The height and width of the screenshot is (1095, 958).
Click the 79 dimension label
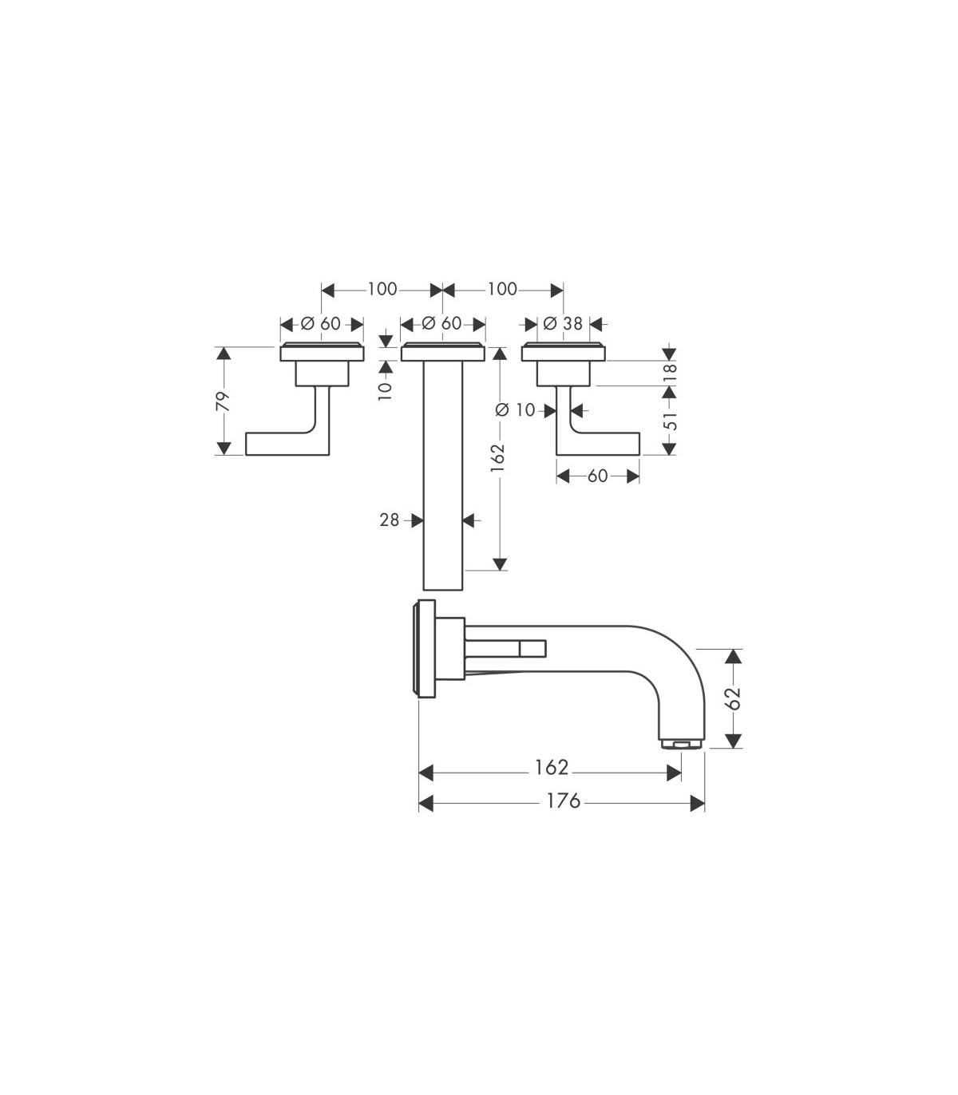[x=223, y=401]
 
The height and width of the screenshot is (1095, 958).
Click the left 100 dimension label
[x=382, y=290]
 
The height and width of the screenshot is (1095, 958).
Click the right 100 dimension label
[x=502, y=290]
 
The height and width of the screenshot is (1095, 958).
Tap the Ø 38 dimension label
[x=563, y=323]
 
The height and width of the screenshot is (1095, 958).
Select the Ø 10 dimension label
[x=515, y=410]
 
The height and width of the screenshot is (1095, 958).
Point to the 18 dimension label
[x=670, y=373]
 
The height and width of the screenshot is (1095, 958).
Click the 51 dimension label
[x=670, y=421]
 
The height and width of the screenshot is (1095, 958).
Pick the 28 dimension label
[x=389, y=520]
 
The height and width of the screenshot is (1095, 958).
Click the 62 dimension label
[x=733, y=698]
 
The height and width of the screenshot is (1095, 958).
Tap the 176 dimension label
[x=563, y=800]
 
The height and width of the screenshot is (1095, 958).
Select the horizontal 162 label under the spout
[x=552, y=768]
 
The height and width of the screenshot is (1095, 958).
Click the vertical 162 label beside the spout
[x=497, y=457]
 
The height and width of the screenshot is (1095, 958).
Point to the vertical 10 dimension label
[x=385, y=391]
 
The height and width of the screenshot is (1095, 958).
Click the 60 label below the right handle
[x=597, y=476]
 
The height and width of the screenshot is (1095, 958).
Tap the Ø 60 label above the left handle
[x=321, y=323]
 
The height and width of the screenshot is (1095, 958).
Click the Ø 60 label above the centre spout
[x=441, y=323]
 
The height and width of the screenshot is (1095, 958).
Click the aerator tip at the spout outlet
[x=681, y=743]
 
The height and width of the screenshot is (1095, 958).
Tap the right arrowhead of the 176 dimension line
[x=698, y=804]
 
